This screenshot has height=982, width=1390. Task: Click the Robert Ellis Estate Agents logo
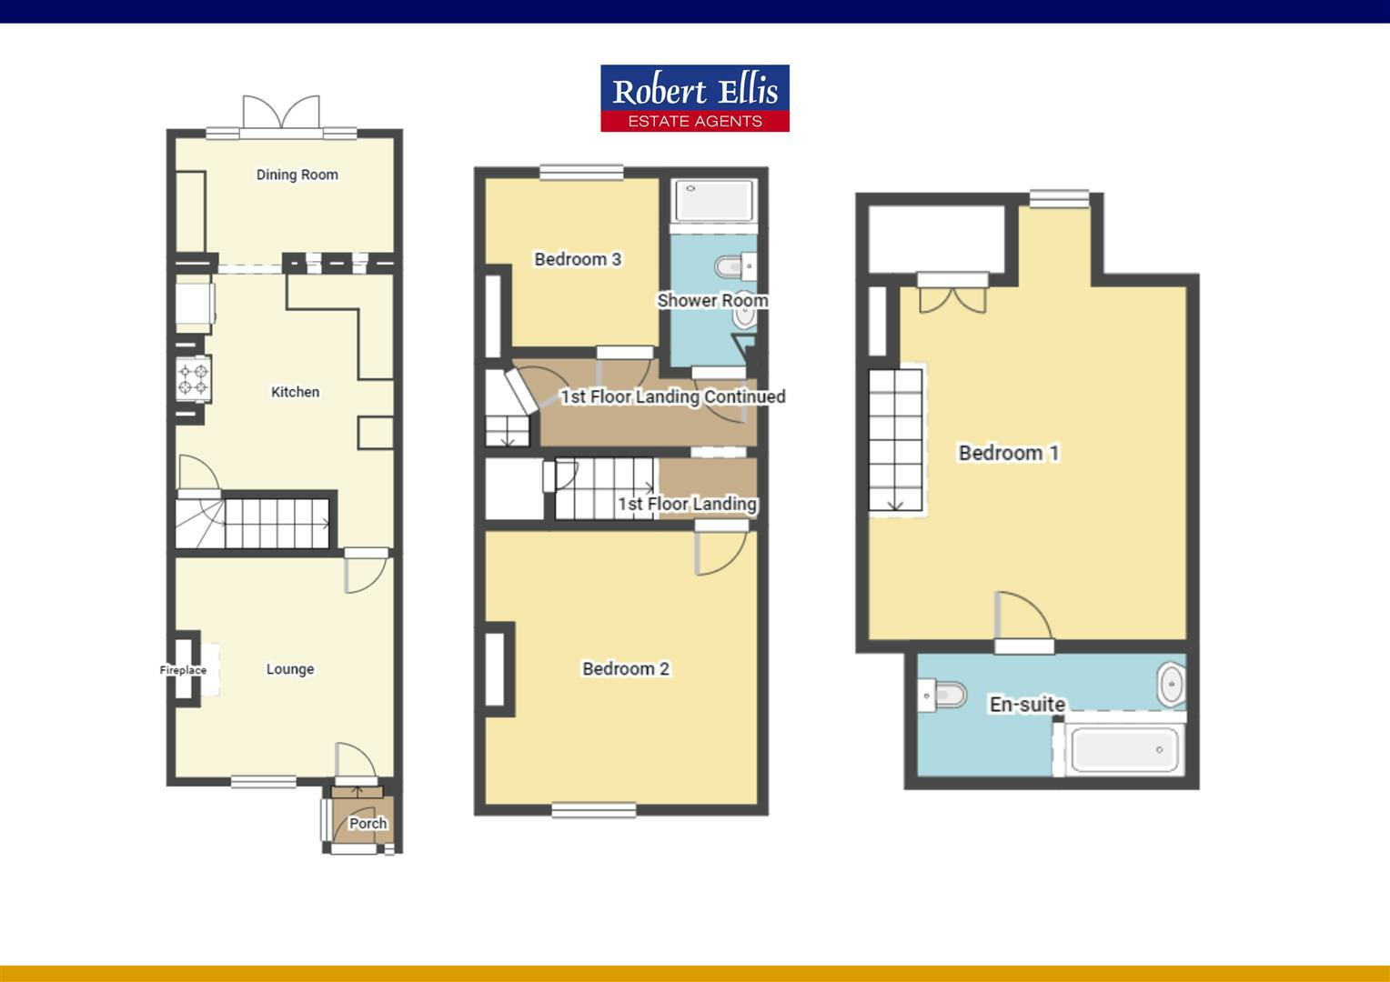tap(694, 98)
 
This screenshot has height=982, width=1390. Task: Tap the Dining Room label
tap(297, 175)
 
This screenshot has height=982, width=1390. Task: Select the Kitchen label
tap(295, 392)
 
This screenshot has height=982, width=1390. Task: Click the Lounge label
tap(289, 669)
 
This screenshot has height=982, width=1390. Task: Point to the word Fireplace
tap(183, 670)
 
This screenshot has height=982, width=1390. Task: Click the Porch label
tap(368, 824)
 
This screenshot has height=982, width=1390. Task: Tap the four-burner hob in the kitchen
tap(194, 378)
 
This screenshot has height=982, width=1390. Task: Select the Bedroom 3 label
tap(577, 259)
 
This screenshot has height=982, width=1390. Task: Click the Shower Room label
tap(712, 300)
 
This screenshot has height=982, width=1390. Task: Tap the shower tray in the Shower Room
tap(714, 201)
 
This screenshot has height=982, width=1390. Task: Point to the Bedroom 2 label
tap(625, 669)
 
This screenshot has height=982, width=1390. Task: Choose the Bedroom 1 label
tap(1008, 453)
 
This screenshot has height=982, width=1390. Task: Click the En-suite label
tap(1027, 704)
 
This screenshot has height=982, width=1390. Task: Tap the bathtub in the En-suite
tap(1124, 750)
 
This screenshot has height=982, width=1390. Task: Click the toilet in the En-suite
tap(942, 696)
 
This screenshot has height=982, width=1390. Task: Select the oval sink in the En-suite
tap(1171, 685)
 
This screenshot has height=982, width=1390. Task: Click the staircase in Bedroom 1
tap(896, 440)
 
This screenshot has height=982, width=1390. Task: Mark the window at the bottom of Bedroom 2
tap(581, 809)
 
